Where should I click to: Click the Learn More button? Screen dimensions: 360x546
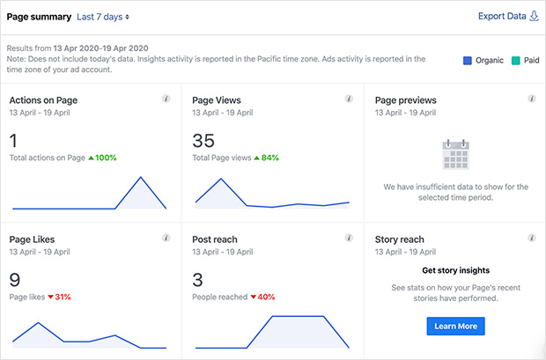click(455, 326)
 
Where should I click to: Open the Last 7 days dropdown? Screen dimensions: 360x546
click(103, 17)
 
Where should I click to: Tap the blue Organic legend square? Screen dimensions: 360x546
click(468, 61)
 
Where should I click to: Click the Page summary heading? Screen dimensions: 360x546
click(39, 17)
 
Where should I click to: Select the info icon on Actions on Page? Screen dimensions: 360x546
click(166, 99)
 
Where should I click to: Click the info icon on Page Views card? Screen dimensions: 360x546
click(349, 99)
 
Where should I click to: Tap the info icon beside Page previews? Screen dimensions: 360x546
click(531, 99)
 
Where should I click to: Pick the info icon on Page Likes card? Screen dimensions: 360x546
click(166, 238)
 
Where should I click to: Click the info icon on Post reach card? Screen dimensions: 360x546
click(349, 238)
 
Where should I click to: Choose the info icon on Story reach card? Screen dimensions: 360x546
click(531, 238)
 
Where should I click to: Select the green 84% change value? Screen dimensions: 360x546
click(267, 158)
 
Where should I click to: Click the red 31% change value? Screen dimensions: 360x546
click(62, 297)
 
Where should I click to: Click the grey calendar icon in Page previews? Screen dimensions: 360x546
click(455, 154)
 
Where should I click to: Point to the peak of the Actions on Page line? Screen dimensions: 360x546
click(139, 177)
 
